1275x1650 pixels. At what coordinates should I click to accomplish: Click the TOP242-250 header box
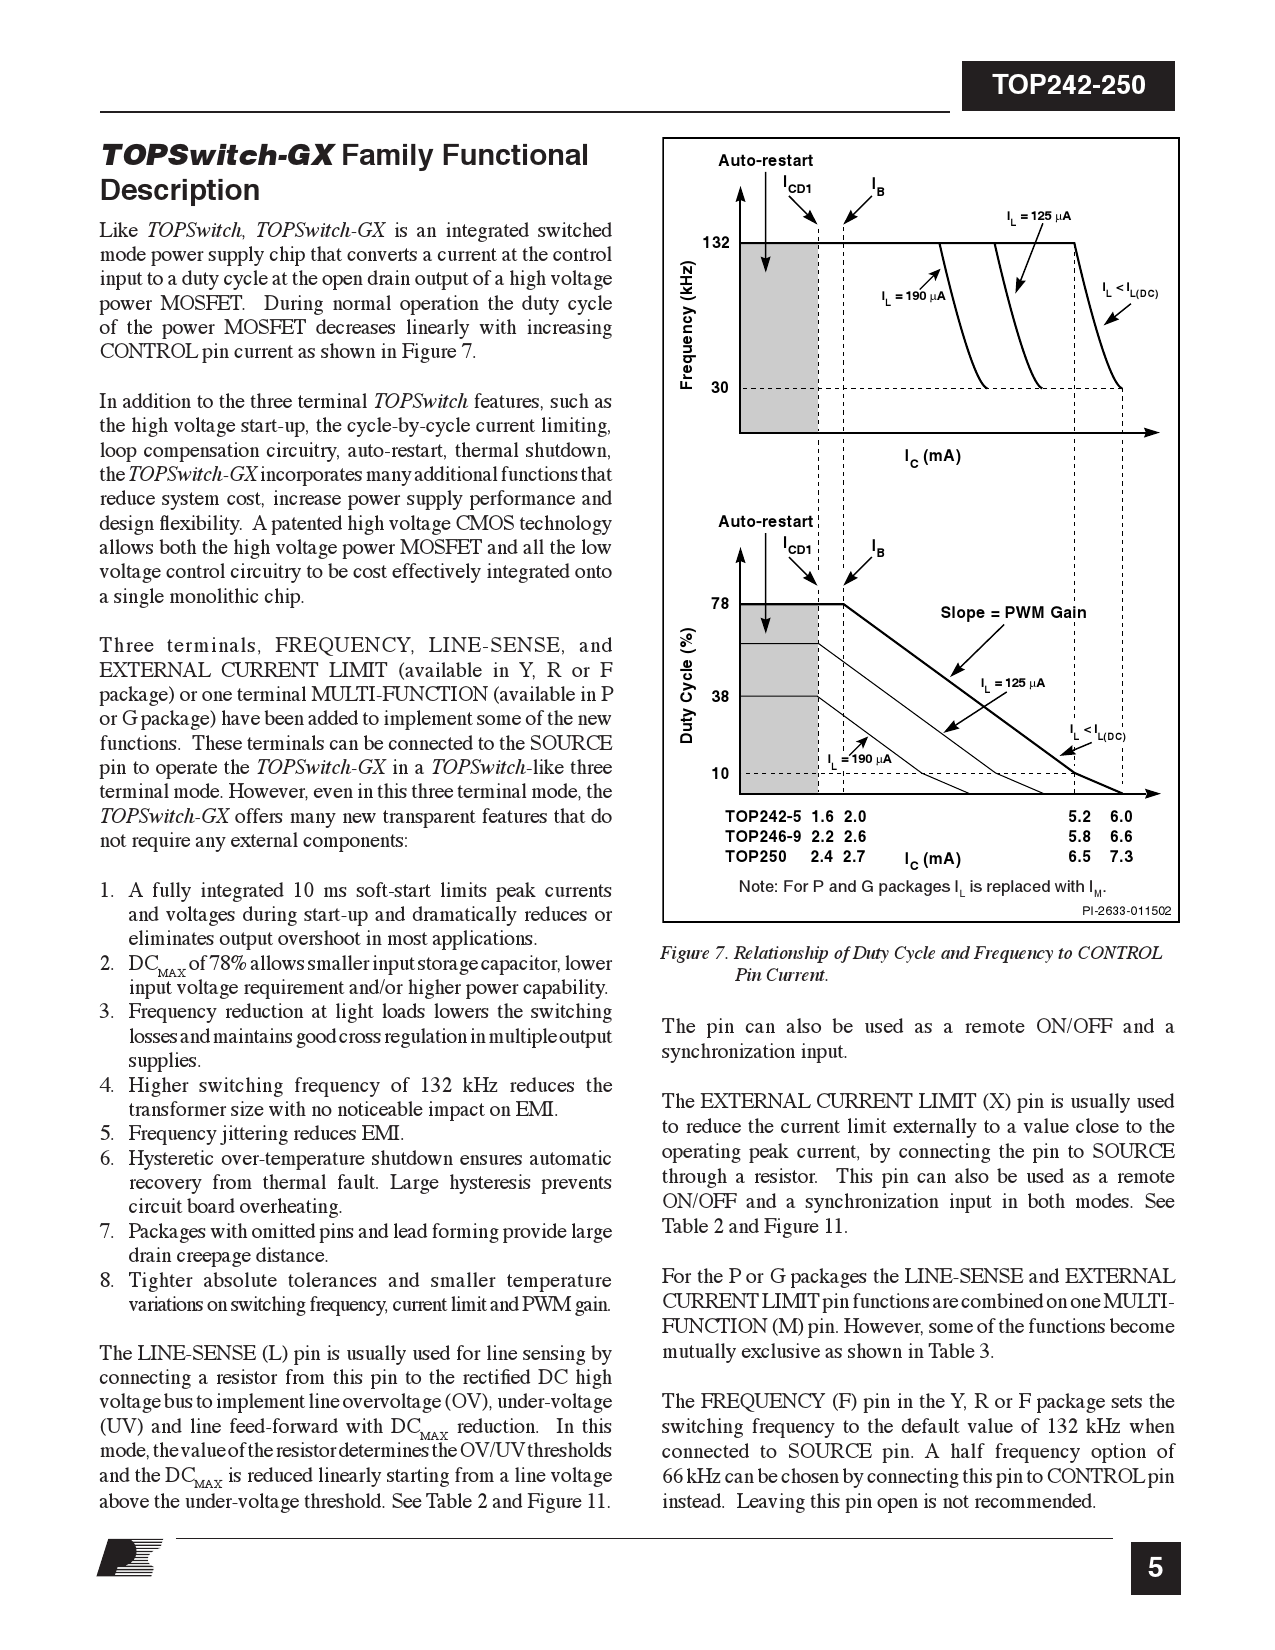pyautogui.click(x=1067, y=86)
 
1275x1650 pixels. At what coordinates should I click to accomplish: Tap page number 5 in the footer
pyautogui.click(x=1155, y=1568)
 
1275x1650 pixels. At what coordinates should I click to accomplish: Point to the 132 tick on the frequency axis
pyautogui.click(x=716, y=243)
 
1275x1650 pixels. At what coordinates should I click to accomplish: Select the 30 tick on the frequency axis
pyautogui.click(x=720, y=388)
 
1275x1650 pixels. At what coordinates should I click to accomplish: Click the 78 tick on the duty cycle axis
pyautogui.click(x=720, y=604)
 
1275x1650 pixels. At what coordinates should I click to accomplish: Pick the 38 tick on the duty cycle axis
pyautogui.click(x=720, y=697)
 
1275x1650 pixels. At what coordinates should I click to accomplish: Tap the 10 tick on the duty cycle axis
pyautogui.click(x=720, y=774)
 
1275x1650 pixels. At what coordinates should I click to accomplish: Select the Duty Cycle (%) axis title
pyautogui.click(x=687, y=686)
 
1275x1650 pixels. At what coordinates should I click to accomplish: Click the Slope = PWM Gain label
pyautogui.click(x=1013, y=613)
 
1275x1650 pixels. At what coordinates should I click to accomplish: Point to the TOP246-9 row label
pyautogui.click(x=763, y=837)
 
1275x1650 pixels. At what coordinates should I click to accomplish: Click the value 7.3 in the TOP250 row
pyautogui.click(x=1121, y=857)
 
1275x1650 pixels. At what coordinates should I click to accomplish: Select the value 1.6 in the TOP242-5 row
pyautogui.click(x=822, y=817)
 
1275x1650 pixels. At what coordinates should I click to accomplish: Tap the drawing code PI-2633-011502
pyautogui.click(x=1126, y=911)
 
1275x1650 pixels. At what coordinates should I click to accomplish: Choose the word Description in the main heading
pyautogui.click(x=180, y=190)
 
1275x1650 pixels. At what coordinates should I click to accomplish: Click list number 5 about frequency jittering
pyautogui.click(x=107, y=1134)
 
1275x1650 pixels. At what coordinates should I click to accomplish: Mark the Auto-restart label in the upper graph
pyautogui.click(x=765, y=160)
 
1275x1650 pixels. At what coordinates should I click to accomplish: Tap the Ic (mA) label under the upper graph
pyautogui.click(x=932, y=457)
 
